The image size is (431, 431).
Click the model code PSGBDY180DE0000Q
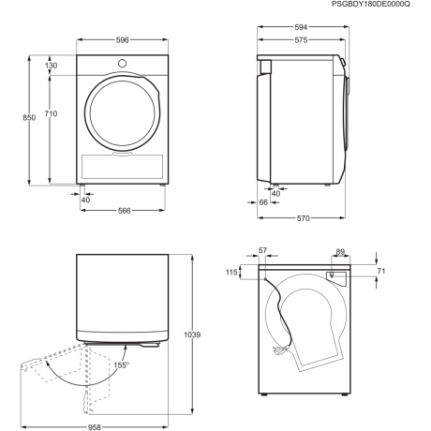point(371,4)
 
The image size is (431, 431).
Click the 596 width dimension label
point(123,40)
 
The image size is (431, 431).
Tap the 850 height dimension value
point(29,118)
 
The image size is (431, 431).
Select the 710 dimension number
point(51,113)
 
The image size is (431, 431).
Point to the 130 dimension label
point(51,66)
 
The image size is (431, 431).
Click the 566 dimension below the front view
point(124,211)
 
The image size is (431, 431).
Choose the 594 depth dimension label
point(301,27)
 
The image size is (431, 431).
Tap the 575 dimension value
point(301,40)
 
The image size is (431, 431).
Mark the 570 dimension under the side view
point(303,218)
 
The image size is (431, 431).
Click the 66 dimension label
point(263,202)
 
